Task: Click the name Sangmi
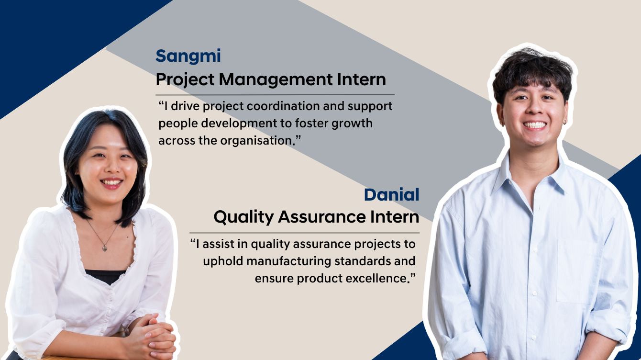pyautogui.click(x=188, y=56)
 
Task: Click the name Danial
pyautogui.click(x=391, y=195)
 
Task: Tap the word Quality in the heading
pyautogui.click(x=243, y=217)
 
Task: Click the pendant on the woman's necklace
pyautogui.click(x=105, y=247)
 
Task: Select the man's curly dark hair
pyautogui.click(x=531, y=72)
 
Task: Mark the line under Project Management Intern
pyautogui.click(x=275, y=95)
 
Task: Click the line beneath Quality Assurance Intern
pyautogui.click(x=304, y=233)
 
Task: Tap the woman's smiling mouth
pyautogui.click(x=111, y=182)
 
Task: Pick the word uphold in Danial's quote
pyautogui.click(x=221, y=261)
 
